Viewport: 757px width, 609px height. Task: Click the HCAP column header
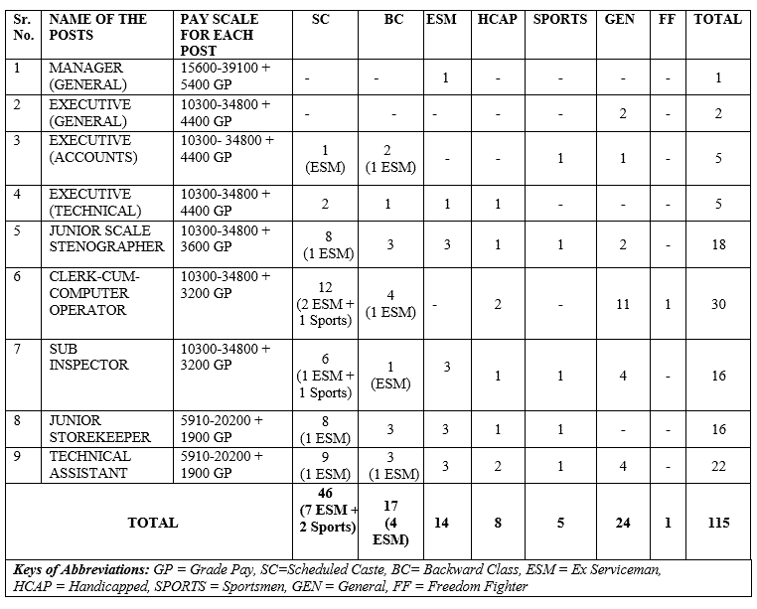496,19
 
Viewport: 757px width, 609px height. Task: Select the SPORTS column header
560,19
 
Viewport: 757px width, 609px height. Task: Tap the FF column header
667,19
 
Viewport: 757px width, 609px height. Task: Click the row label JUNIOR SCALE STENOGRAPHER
106,238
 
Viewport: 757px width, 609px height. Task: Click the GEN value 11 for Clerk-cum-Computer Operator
622,304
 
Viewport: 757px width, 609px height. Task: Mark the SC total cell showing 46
325,510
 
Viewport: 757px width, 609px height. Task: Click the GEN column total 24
622,523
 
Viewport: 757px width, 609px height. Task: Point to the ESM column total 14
447,523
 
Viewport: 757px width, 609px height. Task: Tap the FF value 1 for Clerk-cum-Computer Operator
668,304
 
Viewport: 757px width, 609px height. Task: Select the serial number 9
18,457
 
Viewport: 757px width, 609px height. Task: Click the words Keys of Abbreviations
81,570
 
